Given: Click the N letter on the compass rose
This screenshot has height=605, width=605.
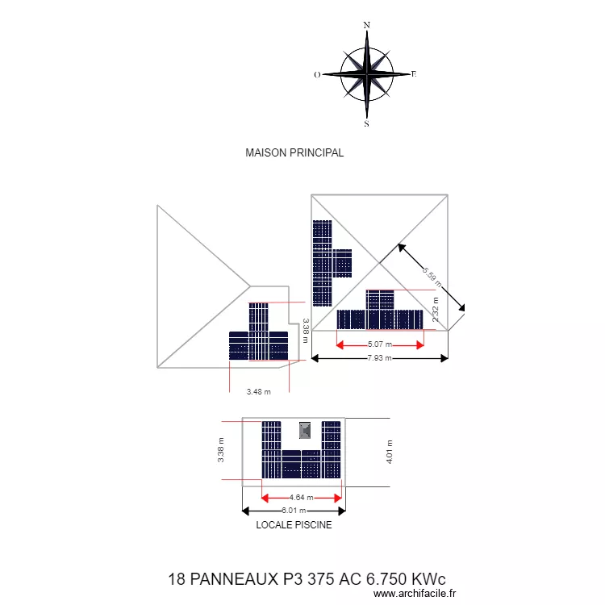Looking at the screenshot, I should [367, 25].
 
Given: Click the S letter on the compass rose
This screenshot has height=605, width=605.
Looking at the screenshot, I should [366, 124].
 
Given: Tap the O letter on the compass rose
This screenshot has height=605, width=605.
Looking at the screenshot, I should [317, 75].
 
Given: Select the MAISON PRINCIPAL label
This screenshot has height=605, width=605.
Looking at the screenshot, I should [294, 152].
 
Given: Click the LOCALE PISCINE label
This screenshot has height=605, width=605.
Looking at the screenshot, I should [294, 524].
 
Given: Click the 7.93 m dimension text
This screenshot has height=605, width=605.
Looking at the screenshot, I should [378, 357].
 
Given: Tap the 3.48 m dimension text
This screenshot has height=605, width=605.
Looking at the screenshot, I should [258, 392].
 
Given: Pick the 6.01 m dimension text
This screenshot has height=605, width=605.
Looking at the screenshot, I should [293, 511].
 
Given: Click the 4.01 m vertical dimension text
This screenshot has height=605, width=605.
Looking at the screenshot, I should [390, 452].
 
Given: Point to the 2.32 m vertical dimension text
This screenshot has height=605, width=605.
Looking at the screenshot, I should [436, 309].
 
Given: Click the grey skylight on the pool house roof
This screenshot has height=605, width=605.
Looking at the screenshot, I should [305, 429].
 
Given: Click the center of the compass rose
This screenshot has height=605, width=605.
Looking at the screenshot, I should [367, 74].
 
